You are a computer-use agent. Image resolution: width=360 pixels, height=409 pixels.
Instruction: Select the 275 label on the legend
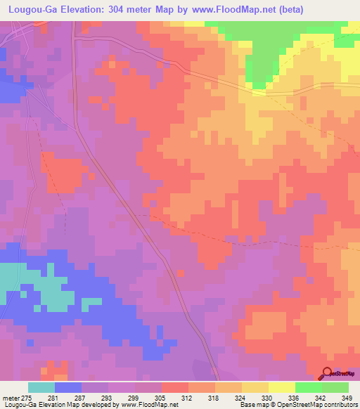pyautogui.click(x=27, y=399)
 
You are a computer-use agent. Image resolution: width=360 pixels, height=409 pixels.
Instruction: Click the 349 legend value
pyautogui.click(x=347, y=399)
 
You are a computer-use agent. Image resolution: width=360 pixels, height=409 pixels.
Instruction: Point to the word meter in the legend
pyautogui.click(x=11, y=399)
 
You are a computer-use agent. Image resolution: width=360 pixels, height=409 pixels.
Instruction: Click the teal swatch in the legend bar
pyautogui.click(x=41, y=387)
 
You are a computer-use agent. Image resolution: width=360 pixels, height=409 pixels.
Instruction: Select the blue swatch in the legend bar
pyautogui.click(x=68, y=387)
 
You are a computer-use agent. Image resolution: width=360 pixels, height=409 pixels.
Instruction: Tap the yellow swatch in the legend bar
pyautogui.click(x=281, y=387)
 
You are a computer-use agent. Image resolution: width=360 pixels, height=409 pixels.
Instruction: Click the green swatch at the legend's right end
pyautogui.click(x=335, y=387)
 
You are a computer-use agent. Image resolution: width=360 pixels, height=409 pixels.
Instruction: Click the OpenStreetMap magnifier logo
pyautogui.click(x=328, y=374)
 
